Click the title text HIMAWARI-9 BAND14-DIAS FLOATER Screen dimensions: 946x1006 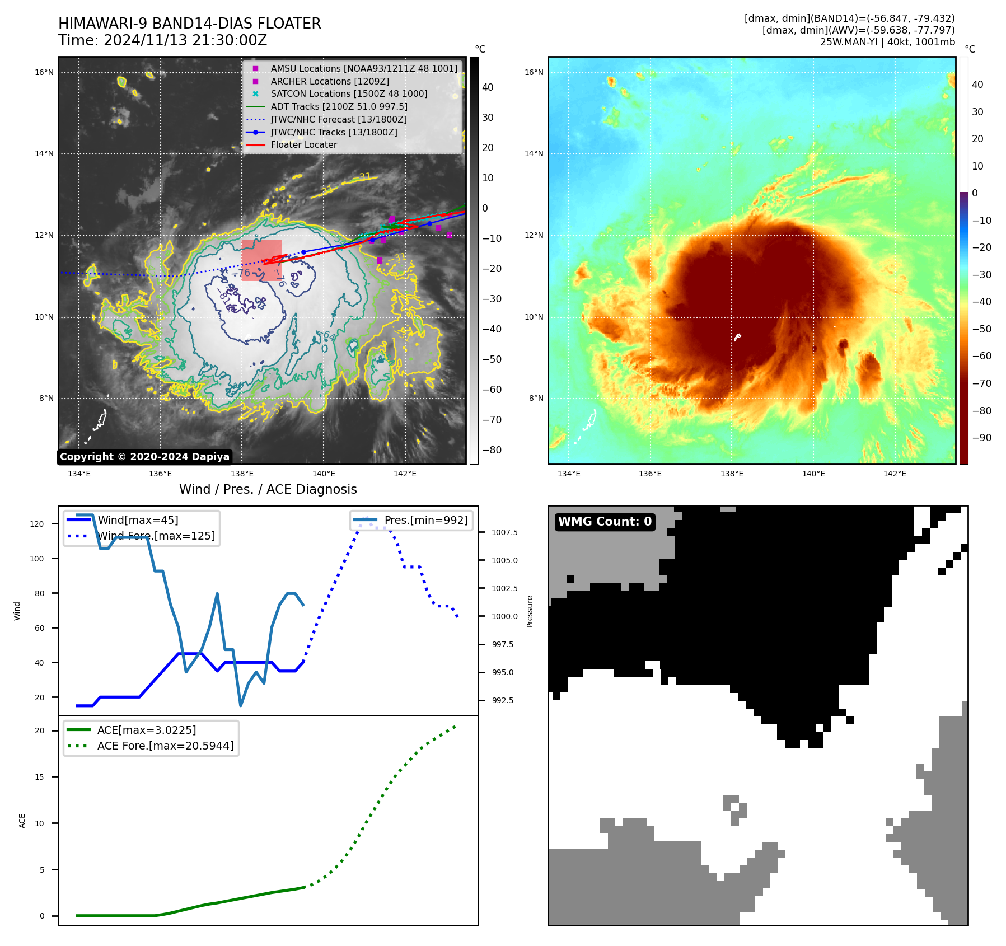[x=189, y=24]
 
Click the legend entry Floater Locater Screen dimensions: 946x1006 [x=303, y=145]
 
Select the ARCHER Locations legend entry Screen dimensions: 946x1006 [x=330, y=81]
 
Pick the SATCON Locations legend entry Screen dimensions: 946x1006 [x=349, y=94]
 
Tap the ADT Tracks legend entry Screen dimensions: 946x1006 [x=339, y=106]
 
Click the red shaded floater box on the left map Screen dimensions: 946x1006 [x=262, y=260]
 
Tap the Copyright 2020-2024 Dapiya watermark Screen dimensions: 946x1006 [x=144, y=457]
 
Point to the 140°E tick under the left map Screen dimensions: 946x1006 [x=324, y=474]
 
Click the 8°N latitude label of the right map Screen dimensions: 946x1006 [x=536, y=399]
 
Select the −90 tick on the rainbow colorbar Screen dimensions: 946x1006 [x=981, y=438]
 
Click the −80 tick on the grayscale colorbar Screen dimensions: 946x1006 [x=492, y=450]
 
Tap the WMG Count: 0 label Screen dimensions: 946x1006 [x=605, y=522]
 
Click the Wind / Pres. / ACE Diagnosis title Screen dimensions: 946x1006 [x=268, y=489]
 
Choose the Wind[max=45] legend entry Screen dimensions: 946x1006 [x=138, y=520]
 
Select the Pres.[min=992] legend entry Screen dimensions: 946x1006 [x=425, y=520]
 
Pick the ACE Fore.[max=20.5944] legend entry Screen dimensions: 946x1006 [x=165, y=746]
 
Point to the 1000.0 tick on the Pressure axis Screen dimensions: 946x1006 [x=504, y=616]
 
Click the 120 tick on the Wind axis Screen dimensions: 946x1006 [x=37, y=524]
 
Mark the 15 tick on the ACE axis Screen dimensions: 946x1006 [x=39, y=777]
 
